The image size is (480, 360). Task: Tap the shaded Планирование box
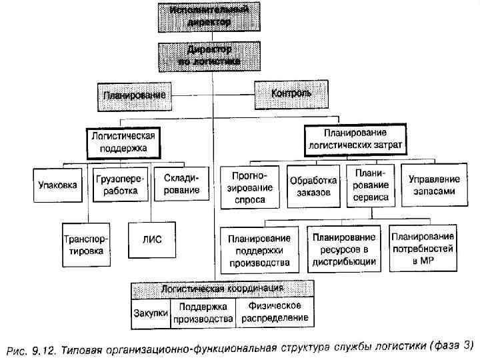[133, 96]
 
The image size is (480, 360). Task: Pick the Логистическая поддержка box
[124, 141]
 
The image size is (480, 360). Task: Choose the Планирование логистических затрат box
[355, 138]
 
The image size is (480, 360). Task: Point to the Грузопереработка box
[118, 185]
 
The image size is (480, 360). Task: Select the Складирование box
[177, 185]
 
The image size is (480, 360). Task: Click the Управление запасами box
[433, 185]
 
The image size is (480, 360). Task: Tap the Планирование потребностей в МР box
[423, 249]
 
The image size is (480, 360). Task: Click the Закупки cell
[150, 312]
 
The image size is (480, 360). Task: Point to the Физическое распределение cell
[275, 311]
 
